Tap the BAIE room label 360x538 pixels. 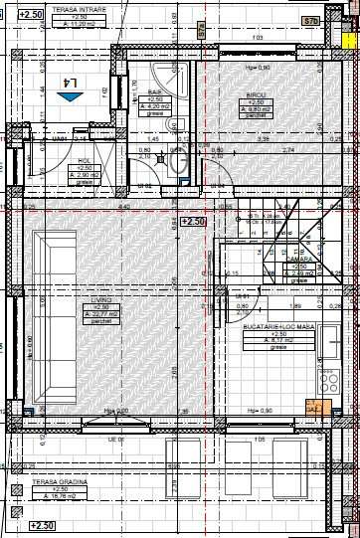click(x=155, y=93)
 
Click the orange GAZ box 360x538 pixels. click(x=312, y=407)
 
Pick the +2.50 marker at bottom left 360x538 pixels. click(x=42, y=525)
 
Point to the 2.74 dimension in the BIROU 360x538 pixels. click(x=288, y=149)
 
